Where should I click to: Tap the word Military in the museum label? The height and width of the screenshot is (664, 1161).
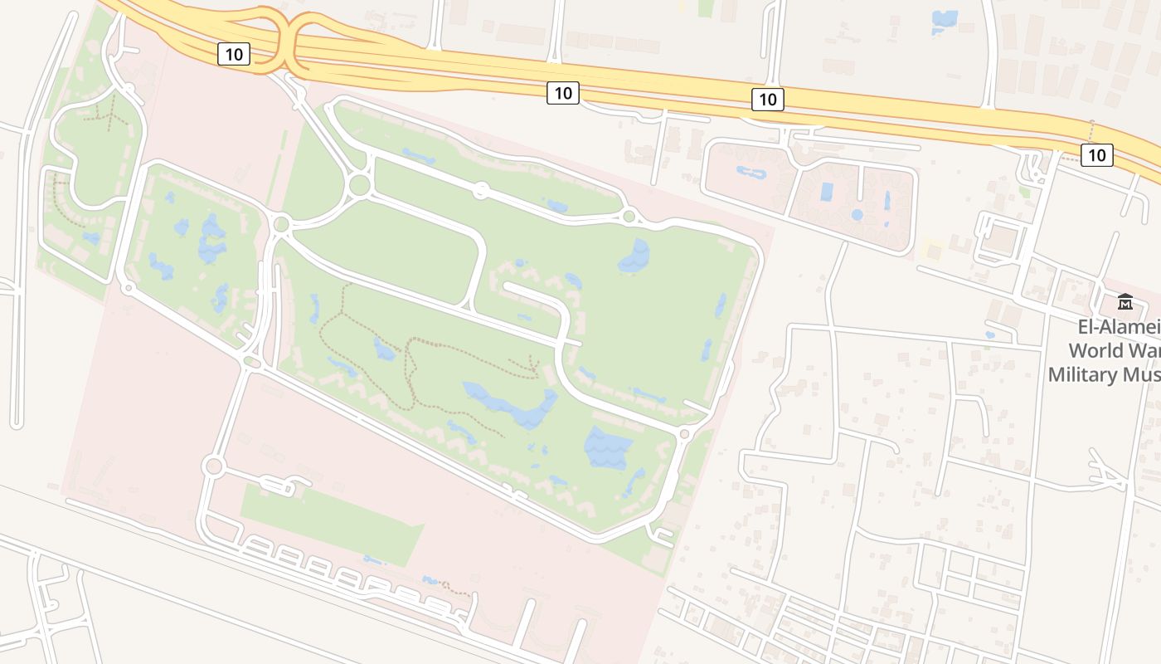point(1083,374)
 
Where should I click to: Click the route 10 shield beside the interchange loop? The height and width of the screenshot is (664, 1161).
point(234,55)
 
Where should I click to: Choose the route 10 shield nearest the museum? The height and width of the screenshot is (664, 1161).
point(1096,154)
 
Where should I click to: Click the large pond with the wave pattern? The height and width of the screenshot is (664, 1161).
point(608,448)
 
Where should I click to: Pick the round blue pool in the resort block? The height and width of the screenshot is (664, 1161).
point(857,215)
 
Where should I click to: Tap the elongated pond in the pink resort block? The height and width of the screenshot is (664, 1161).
point(752,173)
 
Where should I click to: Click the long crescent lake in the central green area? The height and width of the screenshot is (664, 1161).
point(510,404)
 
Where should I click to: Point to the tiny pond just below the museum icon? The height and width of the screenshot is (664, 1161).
point(989,335)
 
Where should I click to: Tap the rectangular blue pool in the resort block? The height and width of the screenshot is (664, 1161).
point(827,192)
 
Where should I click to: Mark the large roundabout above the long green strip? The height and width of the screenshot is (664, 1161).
point(214,466)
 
